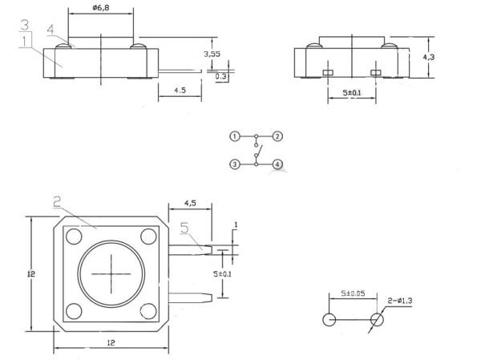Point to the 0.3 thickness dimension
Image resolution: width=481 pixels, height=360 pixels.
tap(220, 75)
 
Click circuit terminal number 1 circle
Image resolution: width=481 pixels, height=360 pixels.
tap(234, 136)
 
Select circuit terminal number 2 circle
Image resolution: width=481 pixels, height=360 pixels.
tap(277, 136)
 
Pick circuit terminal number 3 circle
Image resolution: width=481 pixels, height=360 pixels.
tap(234, 164)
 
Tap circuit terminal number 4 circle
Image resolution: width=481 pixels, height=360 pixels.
tap(277, 164)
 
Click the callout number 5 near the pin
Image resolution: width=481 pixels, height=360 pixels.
tap(184, 229)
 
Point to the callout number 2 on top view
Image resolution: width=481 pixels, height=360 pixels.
tap(58, 204)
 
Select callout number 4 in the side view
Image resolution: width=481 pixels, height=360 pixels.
tap(51, 30)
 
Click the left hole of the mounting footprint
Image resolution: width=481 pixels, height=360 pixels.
tap(329, 321)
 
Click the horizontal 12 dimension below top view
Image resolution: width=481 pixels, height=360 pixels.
tap(110, 343)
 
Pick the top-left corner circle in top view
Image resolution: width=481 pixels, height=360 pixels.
tap(74, 237)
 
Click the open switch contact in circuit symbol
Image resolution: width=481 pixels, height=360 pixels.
tap(257, 150)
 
